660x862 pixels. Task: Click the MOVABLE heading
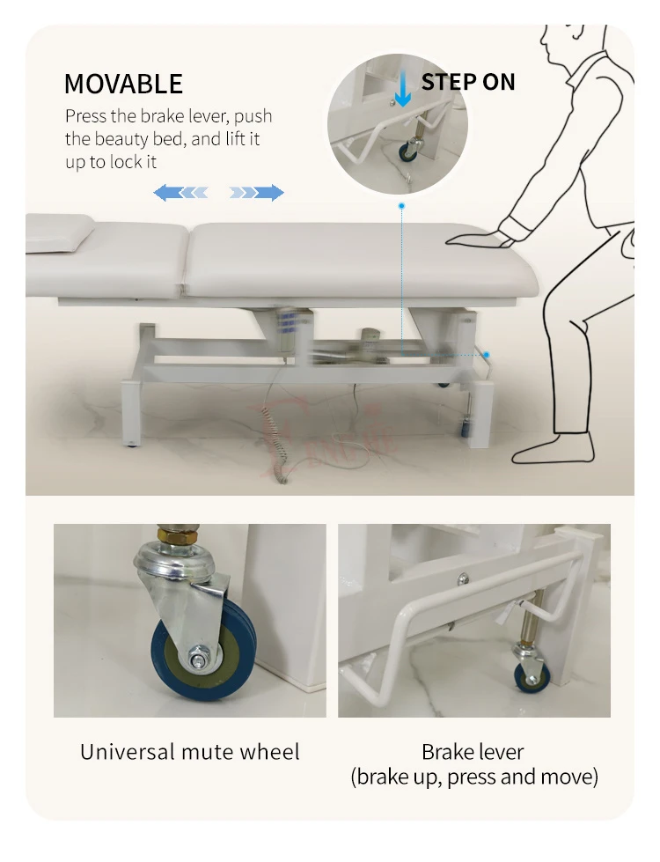click(x=124, y=85)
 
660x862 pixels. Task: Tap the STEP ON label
click(x=468, y=82)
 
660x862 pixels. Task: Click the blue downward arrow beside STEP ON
click(x=403, y=89)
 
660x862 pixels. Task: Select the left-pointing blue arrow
click(x=180, y=193)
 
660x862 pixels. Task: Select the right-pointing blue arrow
click(x=257, y=193)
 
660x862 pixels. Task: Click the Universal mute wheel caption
click(x=189, y=752)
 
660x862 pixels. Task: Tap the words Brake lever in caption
click(x=473, y=752)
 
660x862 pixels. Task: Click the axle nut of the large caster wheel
click(x=196, y=658)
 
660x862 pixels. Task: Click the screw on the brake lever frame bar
click(x=464, y=578)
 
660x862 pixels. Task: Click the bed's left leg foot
click(x=130, y=443)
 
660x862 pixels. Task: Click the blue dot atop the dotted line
click(x=401, y=206)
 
